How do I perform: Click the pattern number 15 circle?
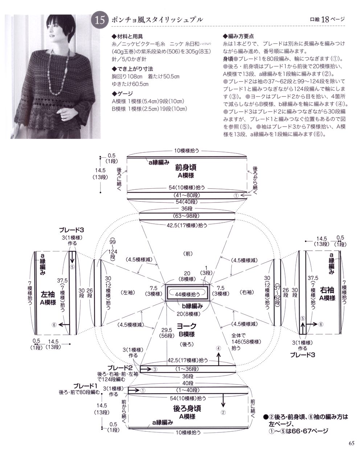click(x=99, y=20)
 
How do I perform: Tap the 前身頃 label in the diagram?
click(x=186, y=168)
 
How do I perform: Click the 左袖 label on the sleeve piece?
click(x=48, y=294)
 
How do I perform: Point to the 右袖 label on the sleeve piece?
click(x=327, y=290)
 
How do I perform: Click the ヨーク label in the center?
click(x=187, y=326)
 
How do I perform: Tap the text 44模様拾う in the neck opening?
click(x=188, y=294)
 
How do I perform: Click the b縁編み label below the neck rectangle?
click(x=192, y=306)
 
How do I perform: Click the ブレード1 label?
click(x=86, y=386)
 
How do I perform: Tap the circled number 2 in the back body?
click(x=223, y=412)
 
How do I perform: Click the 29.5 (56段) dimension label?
click(x=167, y=333)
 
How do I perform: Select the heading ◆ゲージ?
click(x=123, y=94)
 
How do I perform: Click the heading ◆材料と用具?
click(x=127, y=37)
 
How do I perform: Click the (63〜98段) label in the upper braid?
click(x=186, y=216)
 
